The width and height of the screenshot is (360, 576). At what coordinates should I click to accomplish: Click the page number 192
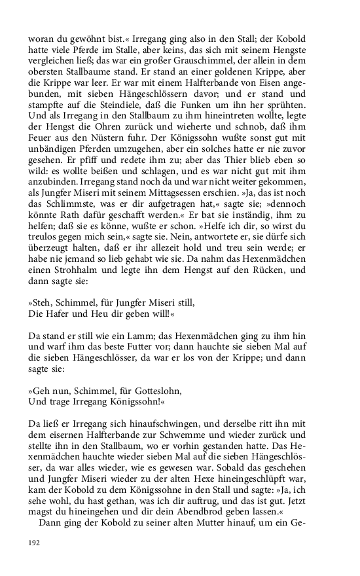point(35,543)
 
